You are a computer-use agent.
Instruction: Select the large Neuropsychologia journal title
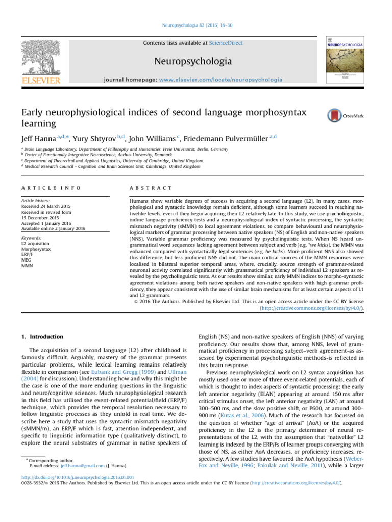197,62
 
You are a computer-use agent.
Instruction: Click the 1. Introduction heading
43,337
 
